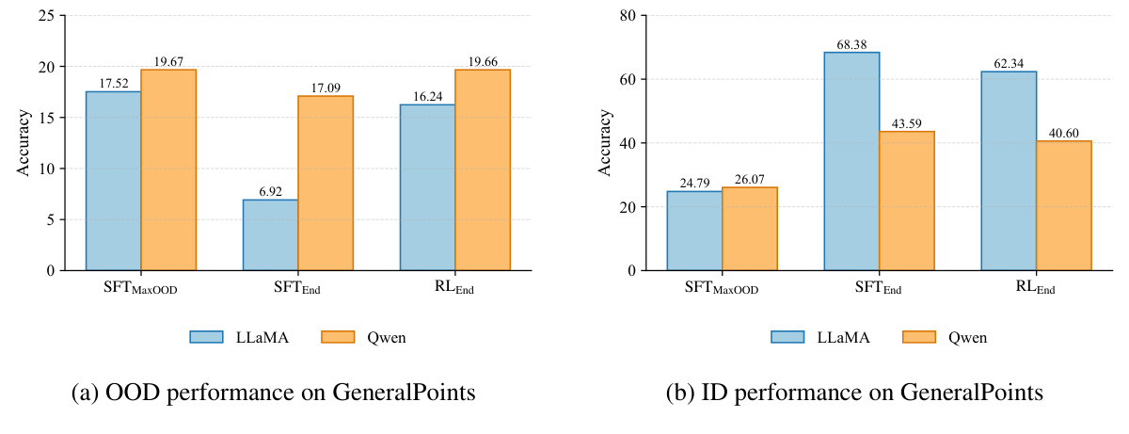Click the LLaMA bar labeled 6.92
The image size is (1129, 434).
click(270, 235)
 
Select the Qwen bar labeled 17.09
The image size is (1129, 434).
click(326, 184)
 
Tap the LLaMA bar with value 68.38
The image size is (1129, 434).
click(851, 161)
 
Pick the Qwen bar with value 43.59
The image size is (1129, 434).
click(907, 201)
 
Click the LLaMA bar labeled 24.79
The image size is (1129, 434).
click(694, 231)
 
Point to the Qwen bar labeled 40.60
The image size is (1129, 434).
click(1064, 205)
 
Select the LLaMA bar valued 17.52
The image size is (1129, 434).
click(113, 181)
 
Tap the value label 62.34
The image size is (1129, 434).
click(1009, 64)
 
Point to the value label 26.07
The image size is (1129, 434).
click(750, 180)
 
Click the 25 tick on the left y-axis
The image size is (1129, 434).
click(45, 16)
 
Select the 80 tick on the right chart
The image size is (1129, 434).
click(626, 16)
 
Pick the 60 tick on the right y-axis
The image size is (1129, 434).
click(626, 79)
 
